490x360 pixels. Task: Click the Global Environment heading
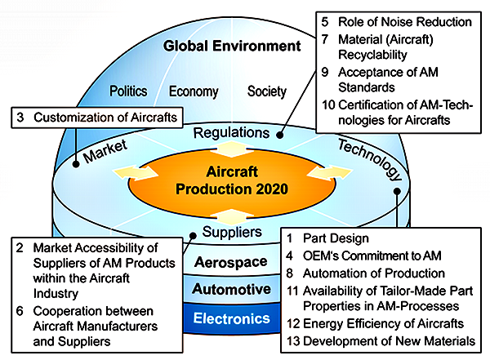pyautogui.click(x=232, y=46)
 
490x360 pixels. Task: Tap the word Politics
pyautogui.click(x=128, y=91)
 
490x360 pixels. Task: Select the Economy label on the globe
pyautogui.click(x=194, y=91)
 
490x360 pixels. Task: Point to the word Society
pyautogui.click(x=267, y=91)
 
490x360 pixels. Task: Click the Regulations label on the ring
pyautogui.click(x=231, y=133)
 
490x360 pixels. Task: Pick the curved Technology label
pyautogui.click(x=370, y=159)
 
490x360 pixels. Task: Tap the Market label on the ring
pyautogui.click(x=105, y=151)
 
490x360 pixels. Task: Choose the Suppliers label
pyautogui.click(x=232, y=232)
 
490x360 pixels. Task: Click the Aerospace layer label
pyautogui.click(x=230, y=262)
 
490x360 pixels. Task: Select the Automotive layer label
pyautogui.click(x=231, y=289)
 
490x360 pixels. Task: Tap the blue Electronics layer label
pyautogui.click(x=232, y=318)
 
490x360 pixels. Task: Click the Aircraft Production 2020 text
pyautogui.click(x=232, y=180)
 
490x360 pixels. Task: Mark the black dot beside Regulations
pyautogui.click(x=280, y=135)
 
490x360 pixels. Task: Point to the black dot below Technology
pyautogui.click(x=397, y=191)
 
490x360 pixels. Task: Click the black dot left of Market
pyautogui.click(x=76, y=164)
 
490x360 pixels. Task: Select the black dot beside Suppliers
pyautogui.click(x=193, y=236)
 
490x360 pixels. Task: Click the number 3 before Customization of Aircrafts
pyautogui.click(x=20, y=118)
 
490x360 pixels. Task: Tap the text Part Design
pyautogui.click(x=336, y=238)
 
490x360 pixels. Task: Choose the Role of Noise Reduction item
pyautogui.click(x=405, y=22)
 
